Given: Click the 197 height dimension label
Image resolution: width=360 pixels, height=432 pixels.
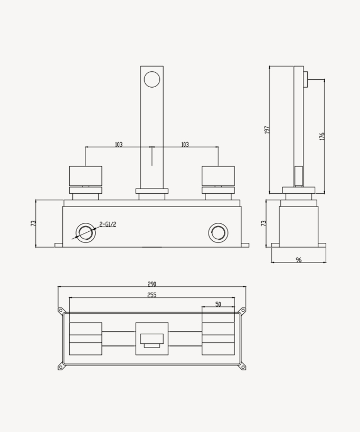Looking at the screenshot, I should coord(267,129).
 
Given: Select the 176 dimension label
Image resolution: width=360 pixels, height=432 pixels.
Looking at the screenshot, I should coord(322,136).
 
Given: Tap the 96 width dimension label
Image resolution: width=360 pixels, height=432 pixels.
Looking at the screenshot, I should coord(299,260).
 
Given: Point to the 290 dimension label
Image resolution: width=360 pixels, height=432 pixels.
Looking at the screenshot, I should coord(152,284).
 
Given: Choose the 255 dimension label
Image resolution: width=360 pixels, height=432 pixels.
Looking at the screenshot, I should coord(152,295).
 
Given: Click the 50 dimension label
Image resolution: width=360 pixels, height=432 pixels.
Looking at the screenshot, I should coord(218,305).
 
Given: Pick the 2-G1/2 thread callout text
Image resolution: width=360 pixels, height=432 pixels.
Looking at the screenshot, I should coord(108,224).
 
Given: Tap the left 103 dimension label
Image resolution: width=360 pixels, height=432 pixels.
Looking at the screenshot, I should coord(118,144).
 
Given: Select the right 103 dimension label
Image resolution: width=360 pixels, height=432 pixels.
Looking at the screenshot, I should coord(185,144).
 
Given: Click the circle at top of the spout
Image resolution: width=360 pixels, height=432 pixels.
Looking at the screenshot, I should coord(152,79).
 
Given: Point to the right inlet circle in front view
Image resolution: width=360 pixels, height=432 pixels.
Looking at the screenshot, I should coord(218,233).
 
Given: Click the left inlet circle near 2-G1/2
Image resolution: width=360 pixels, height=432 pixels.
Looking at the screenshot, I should coord(85,233).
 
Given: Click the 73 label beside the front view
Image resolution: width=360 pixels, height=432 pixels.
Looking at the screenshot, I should coord(33,223).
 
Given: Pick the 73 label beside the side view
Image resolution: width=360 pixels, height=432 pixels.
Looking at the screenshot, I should coord(264,223).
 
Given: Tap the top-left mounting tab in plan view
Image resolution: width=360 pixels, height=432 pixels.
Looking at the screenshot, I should coord(61,311).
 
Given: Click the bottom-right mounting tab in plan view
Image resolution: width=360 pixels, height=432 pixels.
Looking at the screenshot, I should coord(243,367).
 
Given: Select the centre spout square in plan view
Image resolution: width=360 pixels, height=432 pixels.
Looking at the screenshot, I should coord(152,339).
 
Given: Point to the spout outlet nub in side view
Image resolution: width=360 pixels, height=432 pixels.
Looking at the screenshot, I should coord(305,79).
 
